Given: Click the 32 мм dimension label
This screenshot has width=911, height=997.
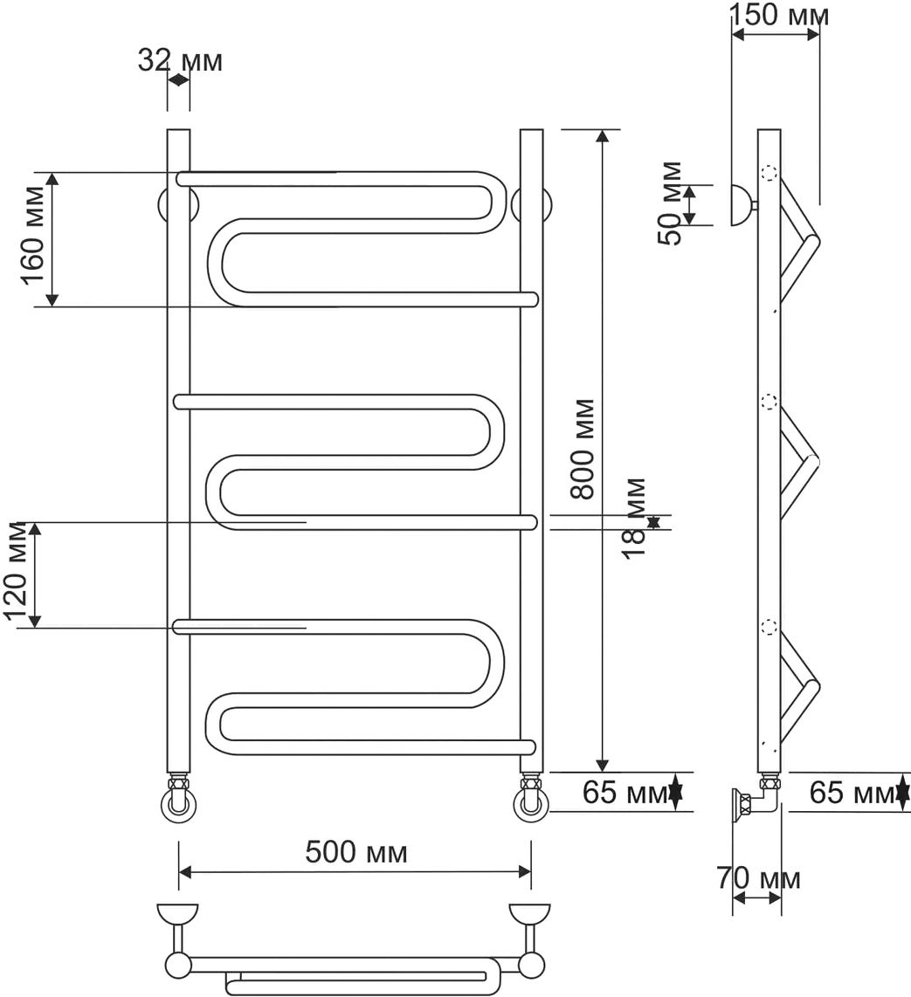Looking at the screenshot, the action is pos(180,61).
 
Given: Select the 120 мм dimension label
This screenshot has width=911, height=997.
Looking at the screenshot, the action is pos(15,572).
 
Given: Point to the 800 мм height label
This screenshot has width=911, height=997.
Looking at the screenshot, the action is pos(582,449).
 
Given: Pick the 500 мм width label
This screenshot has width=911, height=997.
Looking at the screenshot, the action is pos(356,852).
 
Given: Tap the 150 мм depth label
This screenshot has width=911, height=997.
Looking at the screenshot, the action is pos(779,15).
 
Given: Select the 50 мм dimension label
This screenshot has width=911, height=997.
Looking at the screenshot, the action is pos(670,203).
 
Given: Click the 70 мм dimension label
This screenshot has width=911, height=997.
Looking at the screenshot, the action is pos(758,878).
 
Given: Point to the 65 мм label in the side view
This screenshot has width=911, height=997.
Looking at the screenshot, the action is pos(852,792).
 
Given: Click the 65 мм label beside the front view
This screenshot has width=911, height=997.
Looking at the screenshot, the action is pos(625,792).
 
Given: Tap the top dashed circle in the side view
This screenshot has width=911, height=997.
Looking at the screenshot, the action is pos(770,174).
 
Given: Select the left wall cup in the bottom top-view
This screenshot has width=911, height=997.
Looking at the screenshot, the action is pos(177,915).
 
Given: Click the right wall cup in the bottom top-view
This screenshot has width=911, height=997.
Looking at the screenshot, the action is pos(530,915).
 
